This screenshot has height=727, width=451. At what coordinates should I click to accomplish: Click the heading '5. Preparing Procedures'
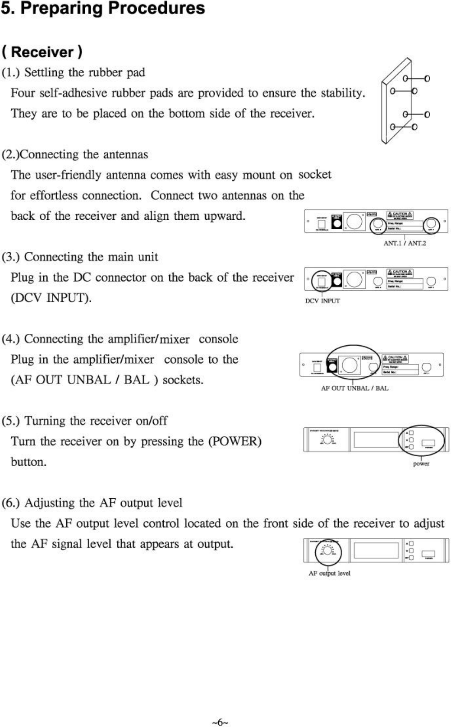point(103,9)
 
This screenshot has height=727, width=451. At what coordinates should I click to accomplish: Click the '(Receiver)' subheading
point(42,52)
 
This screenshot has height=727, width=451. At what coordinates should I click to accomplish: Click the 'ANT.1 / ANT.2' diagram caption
point(405,243)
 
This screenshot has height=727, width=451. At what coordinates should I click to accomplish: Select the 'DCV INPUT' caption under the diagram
point(322,301)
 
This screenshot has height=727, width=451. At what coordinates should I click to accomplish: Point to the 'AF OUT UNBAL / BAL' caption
point(354,388)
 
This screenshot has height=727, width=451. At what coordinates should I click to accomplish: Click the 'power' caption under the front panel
point(421,464)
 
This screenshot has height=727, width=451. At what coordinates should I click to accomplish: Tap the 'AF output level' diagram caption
point(329,574)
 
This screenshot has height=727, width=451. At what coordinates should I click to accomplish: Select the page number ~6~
point(220,722)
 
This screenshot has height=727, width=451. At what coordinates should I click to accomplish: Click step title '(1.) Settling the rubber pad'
point(74,73)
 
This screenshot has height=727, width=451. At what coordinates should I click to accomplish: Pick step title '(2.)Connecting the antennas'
point(75,155)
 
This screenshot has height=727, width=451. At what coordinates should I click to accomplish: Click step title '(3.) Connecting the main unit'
point(80,257)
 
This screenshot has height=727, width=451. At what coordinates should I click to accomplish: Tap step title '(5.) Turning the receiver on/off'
point(85,421)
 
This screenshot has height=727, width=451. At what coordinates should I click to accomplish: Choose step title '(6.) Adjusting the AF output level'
point(92,503)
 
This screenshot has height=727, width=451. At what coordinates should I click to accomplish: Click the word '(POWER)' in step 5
point(235,441)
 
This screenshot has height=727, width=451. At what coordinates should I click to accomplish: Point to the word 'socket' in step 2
point(315,175)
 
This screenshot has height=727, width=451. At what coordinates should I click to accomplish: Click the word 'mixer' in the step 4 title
point(175,339)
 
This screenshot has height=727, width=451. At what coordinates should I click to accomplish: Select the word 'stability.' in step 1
point(343,93)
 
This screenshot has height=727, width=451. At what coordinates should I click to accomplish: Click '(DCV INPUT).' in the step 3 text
point(51,298)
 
